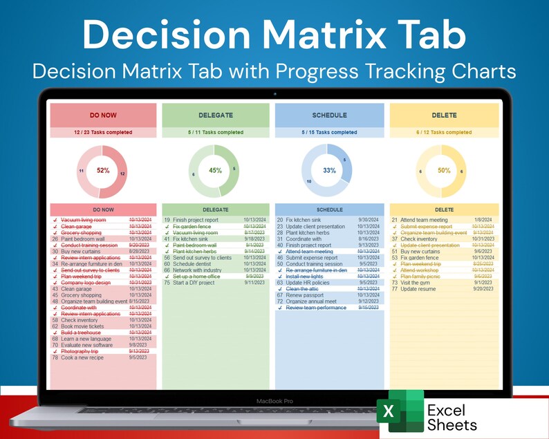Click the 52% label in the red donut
click(x=103, y=170)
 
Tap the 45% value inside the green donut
click(x=215, y=170)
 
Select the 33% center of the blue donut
click(x=329, y=170)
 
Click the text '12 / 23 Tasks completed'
click(x=103, y=132)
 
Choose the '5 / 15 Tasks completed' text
click(x=329, y=132)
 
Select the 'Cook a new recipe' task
click(x=83, y=357)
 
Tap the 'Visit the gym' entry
click(x=417, y=282)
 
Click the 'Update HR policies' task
click(x=308, y=282)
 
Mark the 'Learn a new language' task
click(x=86, y=339)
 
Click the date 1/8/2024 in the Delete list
click(x=483, y=220)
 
